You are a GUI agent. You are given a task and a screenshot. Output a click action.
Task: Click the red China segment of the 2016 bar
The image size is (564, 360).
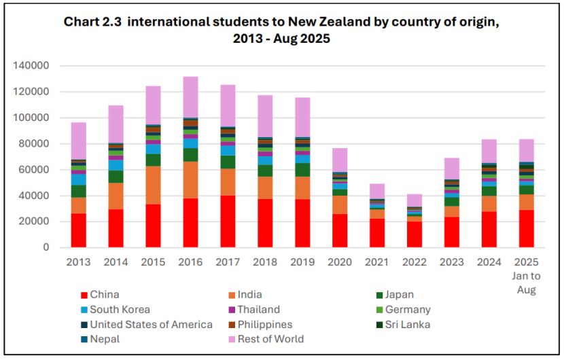[191, 223]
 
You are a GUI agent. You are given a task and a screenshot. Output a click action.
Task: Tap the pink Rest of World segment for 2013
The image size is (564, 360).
[80, 141]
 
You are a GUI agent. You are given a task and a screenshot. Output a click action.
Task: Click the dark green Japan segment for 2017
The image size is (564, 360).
[228, 162]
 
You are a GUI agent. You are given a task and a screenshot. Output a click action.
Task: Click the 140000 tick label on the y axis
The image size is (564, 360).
[31, 66]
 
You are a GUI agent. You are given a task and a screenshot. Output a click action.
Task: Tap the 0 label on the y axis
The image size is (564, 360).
[46, 248]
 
